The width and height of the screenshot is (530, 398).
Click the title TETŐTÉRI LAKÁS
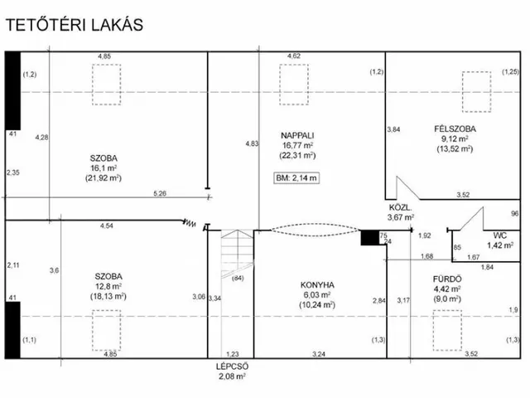point(75,25)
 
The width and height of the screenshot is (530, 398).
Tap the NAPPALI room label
point(297,135)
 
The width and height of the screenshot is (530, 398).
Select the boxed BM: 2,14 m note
point(296,178)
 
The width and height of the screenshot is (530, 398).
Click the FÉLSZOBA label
point(455,129)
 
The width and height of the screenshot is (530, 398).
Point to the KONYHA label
point(317,284)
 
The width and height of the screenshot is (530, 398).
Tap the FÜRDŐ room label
point(447,279)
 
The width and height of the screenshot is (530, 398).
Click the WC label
point(500,235)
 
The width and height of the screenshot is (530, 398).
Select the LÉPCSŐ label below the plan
point(232,366)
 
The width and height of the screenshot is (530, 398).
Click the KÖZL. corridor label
point(401,207)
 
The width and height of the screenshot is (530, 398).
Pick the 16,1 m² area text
point(104,168)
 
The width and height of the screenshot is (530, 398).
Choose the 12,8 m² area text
point(108,286)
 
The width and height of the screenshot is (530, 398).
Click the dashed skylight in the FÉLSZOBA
point(477,92)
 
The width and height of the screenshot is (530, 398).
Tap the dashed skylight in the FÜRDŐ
point(447,330)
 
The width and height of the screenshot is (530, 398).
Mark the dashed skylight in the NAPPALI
point(294,85)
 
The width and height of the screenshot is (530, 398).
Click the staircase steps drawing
point(238,254)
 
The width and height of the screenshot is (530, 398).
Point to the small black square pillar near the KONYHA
point(370,238)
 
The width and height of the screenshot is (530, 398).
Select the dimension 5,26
point(160,193)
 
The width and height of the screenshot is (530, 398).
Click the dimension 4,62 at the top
point(294,56)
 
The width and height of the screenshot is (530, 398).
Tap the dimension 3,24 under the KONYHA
point(319,354)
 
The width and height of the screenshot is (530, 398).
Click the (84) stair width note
point(238,279)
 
